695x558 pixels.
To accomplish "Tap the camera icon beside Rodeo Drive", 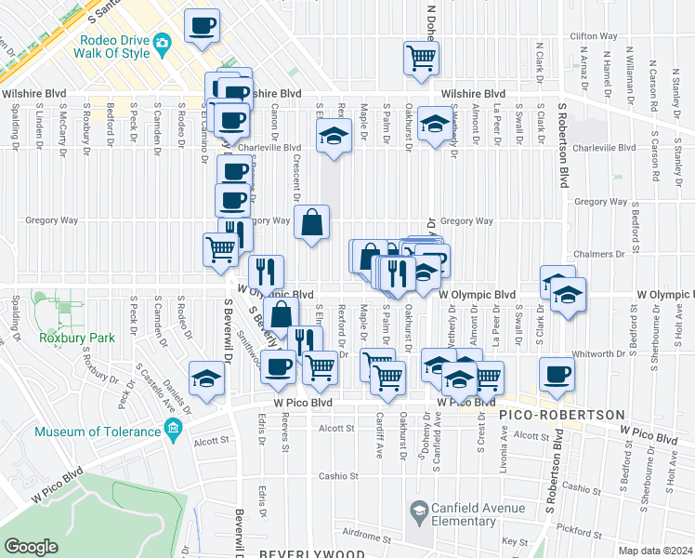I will (162, 42).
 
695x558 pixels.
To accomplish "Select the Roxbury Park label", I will (77, 338).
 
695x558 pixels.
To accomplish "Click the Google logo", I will (31, 546).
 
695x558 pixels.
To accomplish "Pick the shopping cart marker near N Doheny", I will (422, 57).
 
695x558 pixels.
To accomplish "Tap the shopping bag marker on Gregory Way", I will (311, 223).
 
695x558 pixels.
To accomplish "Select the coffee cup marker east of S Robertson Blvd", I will (557, 374).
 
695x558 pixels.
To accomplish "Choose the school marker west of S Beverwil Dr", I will (207, 379).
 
